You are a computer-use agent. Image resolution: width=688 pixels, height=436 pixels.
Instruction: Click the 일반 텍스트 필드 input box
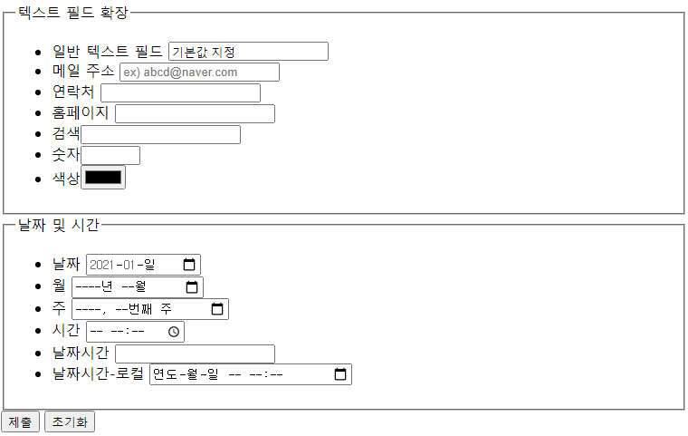tap(248, 52)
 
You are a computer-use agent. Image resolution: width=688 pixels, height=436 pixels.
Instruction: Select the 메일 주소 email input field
tap(199, 73)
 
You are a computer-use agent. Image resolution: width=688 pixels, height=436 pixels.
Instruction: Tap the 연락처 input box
tap(180, 93)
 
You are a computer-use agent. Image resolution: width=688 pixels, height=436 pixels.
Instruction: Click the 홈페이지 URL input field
tap(195, 114)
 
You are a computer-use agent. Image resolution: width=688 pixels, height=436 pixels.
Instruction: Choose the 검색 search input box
tap(160, 135)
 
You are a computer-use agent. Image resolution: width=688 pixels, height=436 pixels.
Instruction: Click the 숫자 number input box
tap(110, 156)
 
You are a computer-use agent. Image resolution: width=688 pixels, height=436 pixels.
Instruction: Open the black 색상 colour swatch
tap(103, 178)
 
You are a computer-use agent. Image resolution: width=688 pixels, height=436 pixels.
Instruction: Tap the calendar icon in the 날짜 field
tap(189, 265)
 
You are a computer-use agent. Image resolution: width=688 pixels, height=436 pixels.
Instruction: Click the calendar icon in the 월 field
tap(192, 287)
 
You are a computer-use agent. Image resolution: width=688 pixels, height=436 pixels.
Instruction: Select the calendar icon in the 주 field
tap(217, 309)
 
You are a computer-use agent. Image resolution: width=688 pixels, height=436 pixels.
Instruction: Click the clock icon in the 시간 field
tap(174, 332)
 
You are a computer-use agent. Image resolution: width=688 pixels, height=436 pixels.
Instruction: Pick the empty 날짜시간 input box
tap(195, 354)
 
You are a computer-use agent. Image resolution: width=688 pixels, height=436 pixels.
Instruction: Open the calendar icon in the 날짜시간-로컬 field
tap(340, 374)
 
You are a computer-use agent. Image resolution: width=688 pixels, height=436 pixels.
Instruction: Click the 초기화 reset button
tap(70, 421)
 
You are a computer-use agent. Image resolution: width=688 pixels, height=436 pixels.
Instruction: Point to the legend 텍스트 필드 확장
tap(73, 13)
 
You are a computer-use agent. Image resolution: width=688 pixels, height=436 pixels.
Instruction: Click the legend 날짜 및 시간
tap(59, 225)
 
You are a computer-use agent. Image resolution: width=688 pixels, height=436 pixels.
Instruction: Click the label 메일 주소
tap(83, 72)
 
